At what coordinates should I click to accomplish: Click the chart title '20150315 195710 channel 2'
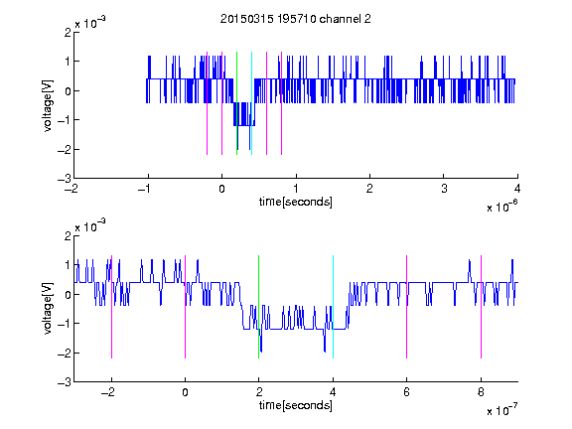click(x=296, y=19)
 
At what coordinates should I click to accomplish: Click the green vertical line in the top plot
click(x=236, y=103)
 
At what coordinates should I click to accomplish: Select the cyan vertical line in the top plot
click(x=251, y=103)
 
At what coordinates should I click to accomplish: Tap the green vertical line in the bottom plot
click(x=258, y=307)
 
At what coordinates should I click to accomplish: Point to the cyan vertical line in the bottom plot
click(x=333, y=307)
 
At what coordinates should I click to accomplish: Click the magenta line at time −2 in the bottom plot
click(x=111, y=307)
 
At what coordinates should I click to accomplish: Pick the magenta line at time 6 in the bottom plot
click(x=407, y=307)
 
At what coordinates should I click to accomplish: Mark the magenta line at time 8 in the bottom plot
click(x=482, y=307)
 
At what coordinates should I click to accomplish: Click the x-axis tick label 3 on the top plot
click(x=444, y=189)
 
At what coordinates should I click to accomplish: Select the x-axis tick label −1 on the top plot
click(x=145, y=189)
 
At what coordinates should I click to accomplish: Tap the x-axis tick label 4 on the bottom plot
click(x=333, y=392)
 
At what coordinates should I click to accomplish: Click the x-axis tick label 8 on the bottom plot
click(x=481, y=392)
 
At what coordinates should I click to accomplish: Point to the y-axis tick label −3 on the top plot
click(x=65, y=179)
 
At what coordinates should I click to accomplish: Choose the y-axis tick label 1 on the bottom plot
click(x=68, y=265)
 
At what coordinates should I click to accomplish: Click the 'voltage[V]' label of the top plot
click(x=48, y=105)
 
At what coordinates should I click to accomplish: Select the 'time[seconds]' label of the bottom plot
click(x=296, y=405)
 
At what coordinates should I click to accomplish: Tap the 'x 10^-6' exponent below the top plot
click(x=502, y=207)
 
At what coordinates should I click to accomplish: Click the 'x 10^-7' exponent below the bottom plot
click(x=502, y=410)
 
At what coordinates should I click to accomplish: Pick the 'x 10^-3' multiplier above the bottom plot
click(x=90, y=225)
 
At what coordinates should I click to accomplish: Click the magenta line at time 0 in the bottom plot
click(x=186, y=307)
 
